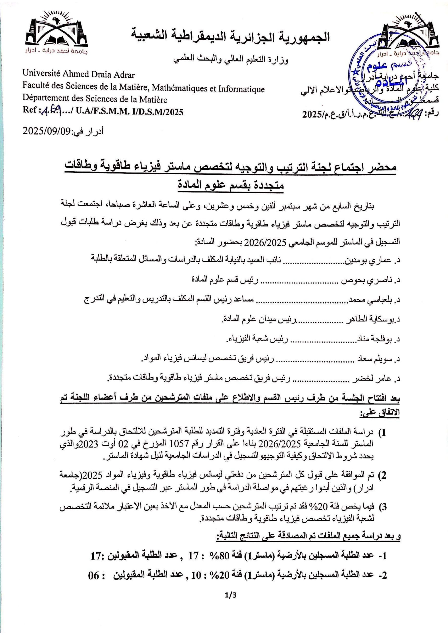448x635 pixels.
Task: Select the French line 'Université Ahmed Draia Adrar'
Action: tap(79, 74)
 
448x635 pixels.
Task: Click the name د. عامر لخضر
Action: tap(377, 379)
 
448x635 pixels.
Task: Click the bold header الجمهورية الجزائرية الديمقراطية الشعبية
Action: tap(231, 37)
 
